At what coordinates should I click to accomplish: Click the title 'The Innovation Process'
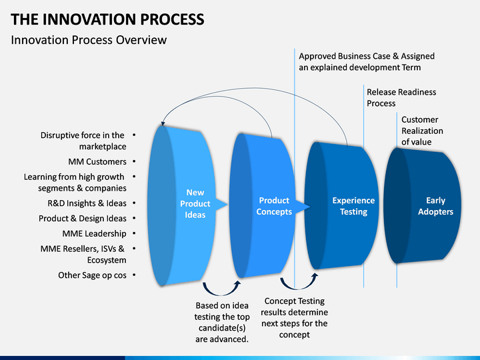tap(107, 19)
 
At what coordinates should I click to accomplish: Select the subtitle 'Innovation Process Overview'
tap(89, 40)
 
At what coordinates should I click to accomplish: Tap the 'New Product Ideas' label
tap(195, 203)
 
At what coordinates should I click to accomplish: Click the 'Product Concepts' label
tap(274, 206)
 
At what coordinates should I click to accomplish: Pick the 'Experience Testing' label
tap(353, 206)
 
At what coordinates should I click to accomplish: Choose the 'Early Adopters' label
tap(435, 206)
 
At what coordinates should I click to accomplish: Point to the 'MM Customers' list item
tap(97, 161)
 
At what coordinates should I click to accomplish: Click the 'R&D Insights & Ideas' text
tap(87, 203)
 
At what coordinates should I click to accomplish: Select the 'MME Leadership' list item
tap(94, 233)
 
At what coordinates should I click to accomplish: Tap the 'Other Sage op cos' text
tap(92, 275)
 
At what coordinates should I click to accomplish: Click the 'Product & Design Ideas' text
tap(83, 219)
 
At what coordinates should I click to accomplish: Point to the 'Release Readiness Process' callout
tap(401, 97)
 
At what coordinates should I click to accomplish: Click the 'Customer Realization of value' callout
tap(422, 131)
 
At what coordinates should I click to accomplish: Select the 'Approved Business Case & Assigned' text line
tap(367, 56)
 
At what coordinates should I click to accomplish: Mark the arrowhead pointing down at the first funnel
tap(163, 123)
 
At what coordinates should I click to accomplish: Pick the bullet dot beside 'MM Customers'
tap(134, 161)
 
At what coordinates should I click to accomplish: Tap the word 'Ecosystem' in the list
tap(107, 260)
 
